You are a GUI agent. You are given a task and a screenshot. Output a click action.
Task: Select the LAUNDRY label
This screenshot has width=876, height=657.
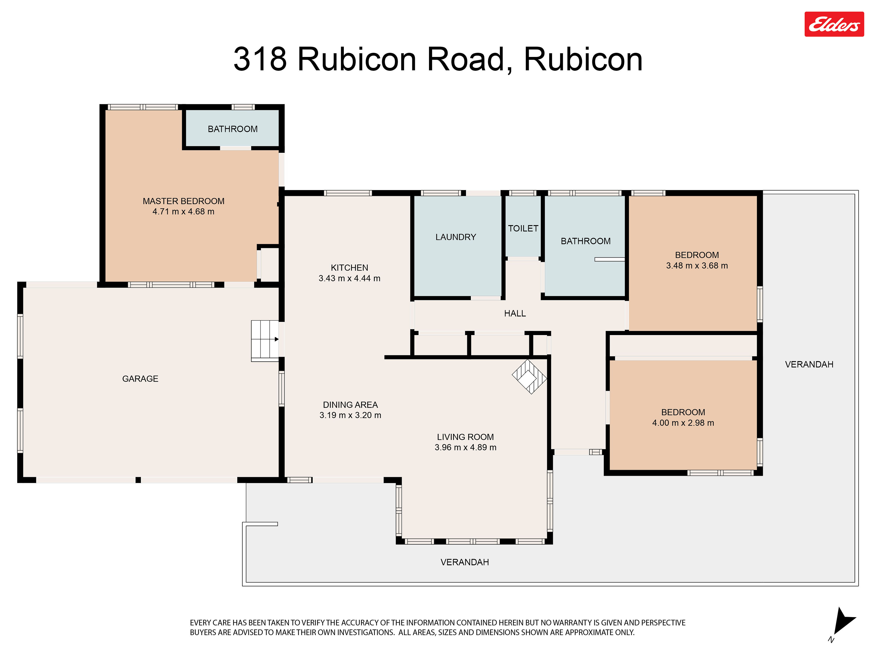456,237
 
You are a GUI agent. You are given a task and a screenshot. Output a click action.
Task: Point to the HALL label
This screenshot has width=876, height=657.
515,314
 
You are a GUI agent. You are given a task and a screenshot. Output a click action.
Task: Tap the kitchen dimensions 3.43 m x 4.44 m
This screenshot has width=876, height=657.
349,278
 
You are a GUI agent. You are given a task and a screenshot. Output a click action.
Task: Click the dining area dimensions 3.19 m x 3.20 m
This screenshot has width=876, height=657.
350,415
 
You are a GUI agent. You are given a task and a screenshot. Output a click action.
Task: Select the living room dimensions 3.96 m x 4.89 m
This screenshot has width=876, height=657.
465,447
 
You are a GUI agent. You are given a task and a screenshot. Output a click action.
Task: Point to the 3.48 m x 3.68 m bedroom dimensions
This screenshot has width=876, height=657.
697,266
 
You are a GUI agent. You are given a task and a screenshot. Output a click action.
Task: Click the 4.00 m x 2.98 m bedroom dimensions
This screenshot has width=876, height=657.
683,423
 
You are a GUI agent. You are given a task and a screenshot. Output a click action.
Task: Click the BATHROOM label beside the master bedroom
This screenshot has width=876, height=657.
232,129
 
